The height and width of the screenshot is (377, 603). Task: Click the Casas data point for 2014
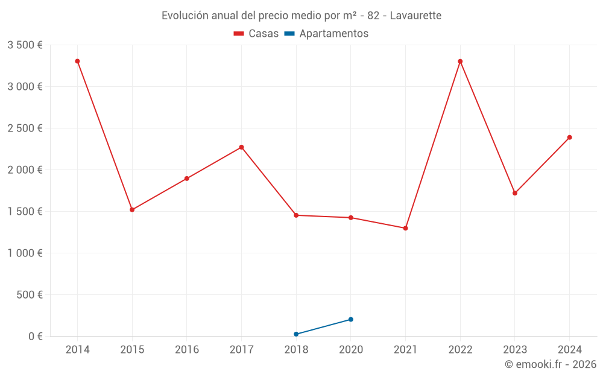coord(77,61)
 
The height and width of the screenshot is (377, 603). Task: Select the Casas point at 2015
coord(132,210)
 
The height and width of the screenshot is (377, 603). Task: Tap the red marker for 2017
coord(241,147)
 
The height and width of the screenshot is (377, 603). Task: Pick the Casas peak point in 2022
coord(460,61)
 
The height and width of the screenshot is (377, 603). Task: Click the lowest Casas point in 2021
coord(405,228)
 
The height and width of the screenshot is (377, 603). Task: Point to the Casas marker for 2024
coord(569,138)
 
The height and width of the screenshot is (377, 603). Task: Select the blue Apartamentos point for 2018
coord(296,334)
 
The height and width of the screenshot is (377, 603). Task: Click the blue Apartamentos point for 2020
coord(351,320)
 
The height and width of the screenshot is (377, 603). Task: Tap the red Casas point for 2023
coord(515,193)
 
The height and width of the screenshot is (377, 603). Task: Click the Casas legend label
coord(264,34)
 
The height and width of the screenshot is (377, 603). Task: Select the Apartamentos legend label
coord(333,34)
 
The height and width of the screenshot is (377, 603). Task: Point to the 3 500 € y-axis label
coord(25,45)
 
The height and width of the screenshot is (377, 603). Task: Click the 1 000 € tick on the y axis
coord(25,253)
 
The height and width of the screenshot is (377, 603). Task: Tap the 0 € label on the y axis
coord(36,337)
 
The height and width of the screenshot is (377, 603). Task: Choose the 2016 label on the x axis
coord(186,350)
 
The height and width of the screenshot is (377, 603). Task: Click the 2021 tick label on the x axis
coord(405,350)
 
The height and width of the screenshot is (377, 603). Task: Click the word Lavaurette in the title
coord(415,16)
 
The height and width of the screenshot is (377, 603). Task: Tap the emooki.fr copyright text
coord(550,364)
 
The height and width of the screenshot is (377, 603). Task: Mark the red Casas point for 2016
coord(187,179)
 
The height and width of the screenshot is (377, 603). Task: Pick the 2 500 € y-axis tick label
coord(25,128)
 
